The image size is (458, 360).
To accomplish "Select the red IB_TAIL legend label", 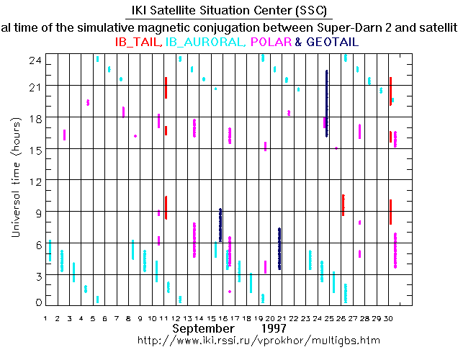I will coord(138,42).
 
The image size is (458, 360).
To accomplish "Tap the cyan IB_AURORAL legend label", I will coord(205,42).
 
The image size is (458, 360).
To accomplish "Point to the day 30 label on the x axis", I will coord(390,318).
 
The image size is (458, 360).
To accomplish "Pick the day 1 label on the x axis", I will coord(45,318).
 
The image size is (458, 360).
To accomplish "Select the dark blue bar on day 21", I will coord(279,248).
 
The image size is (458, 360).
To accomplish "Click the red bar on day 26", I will coord(343,204).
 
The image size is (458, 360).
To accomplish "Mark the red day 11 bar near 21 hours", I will coord(166,88).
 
